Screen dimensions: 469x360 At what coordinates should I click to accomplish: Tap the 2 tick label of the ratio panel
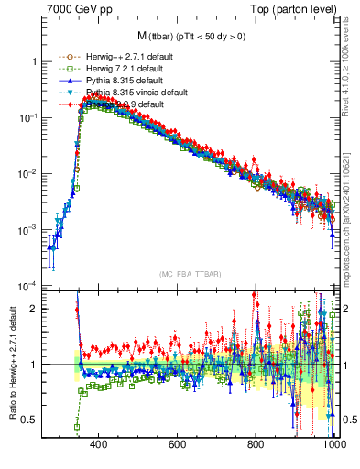click(x=33, y=309)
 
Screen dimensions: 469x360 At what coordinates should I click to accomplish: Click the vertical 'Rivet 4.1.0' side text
click(x=352, y=55)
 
